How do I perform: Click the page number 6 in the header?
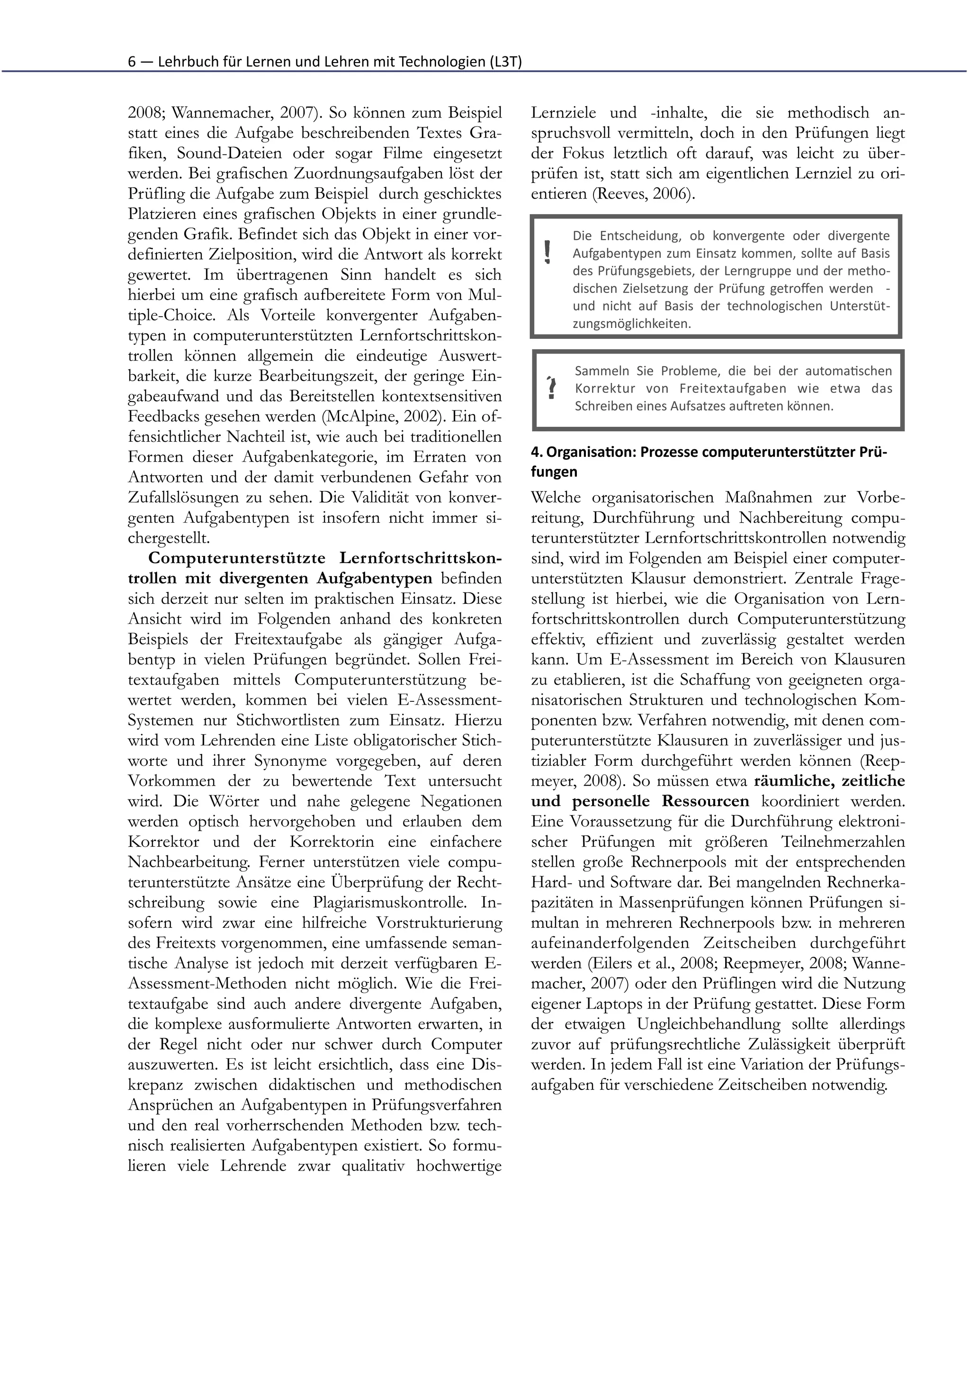[x=132, y=62]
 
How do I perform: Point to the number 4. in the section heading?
[x=537, y=452]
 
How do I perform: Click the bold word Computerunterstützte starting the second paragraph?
[x=238, y=558]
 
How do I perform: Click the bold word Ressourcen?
[x=705, y=801]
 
